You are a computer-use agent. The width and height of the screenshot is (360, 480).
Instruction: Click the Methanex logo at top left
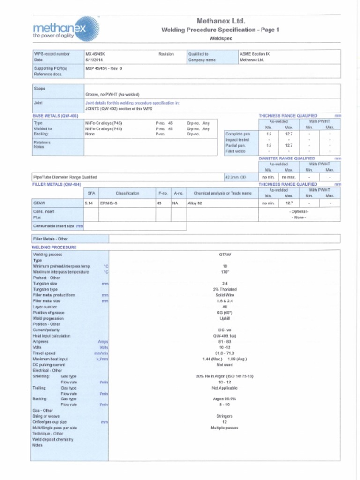click(66, 29)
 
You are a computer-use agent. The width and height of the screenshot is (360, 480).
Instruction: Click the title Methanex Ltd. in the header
click(221, 21)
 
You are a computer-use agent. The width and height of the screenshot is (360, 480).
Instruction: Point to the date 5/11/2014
click(93, 60)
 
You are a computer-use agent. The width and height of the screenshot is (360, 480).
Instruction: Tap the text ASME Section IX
click(255, 54)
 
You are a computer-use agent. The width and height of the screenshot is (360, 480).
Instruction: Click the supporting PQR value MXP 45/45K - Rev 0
click(104, 68)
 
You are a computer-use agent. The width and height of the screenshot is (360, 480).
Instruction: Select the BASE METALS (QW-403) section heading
click(55, 115)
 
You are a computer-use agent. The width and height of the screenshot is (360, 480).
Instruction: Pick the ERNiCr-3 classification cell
click(110, 203)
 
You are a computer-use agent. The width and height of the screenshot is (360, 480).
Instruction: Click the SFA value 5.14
click(89, 203)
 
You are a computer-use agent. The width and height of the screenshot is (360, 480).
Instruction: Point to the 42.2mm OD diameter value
click(235, 177)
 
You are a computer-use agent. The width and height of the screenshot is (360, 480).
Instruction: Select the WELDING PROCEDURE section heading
click(54, 247)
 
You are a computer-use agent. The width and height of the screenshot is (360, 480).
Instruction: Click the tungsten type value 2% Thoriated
click(225, 289)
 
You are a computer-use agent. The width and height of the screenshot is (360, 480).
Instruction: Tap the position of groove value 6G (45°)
click(225, 313)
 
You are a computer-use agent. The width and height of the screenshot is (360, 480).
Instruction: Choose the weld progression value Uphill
click(225, 318)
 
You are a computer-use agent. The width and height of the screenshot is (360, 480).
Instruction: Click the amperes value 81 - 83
click(225, 342)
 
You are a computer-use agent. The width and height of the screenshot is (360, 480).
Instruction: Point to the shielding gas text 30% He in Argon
click(225, 376)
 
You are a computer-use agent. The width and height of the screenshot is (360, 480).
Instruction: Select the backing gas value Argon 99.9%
click(225, 399)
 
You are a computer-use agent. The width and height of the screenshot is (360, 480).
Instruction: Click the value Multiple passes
click(225, 427)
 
